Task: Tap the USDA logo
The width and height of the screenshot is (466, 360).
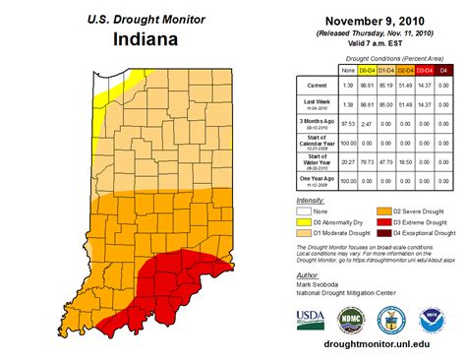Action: [311, 319]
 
